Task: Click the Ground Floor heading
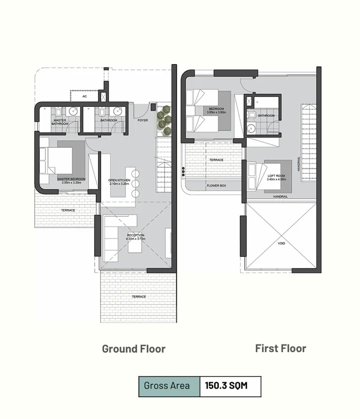[134, 349]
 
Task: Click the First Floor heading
[280, 348]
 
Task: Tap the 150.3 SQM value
[225, 386]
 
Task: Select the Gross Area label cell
[167, 386]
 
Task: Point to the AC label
[84, 97]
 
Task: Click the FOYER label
[142, 120]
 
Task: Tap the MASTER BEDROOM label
[71, 179]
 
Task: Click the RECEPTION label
[135, 235]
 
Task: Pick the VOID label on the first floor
[282, 244]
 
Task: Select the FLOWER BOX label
[217, 186]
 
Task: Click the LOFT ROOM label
[276, 176]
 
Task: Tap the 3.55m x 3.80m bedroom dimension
[217, 112]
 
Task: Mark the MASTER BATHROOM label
[60, 122]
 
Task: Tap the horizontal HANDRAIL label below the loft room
[280, 197]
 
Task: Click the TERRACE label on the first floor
[217, 160]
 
